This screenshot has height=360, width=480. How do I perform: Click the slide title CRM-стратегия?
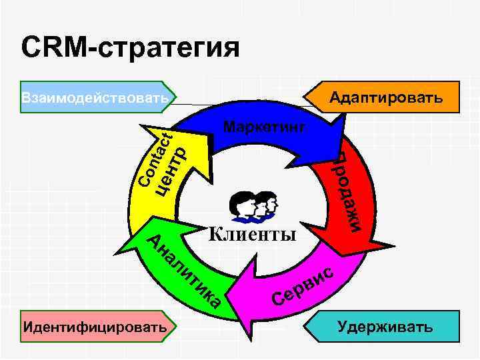coord(130,47)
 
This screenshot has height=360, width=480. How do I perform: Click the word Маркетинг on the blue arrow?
coord(265,126)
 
